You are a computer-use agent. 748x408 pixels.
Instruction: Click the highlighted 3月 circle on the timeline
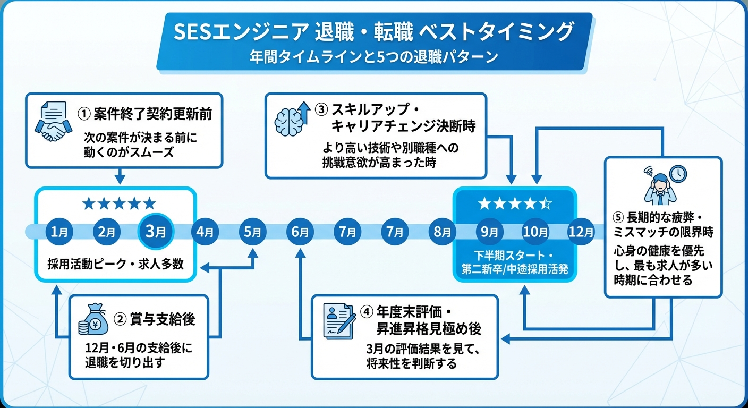[156, 232]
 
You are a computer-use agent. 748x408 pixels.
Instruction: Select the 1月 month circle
[59, 232]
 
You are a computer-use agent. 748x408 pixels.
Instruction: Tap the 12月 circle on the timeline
[581, 232]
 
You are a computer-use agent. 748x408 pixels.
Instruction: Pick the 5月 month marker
[253, 232]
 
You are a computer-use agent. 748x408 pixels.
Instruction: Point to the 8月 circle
[443, 232]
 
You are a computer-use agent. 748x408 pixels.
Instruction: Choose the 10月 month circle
[535, 232]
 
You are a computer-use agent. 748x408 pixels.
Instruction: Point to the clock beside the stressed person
[678, 173]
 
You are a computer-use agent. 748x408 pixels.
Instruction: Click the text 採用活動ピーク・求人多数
[115, 263]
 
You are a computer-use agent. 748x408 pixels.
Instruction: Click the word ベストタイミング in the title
[496, 32]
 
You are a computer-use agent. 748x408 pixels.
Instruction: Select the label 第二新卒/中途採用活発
[514, 269]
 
